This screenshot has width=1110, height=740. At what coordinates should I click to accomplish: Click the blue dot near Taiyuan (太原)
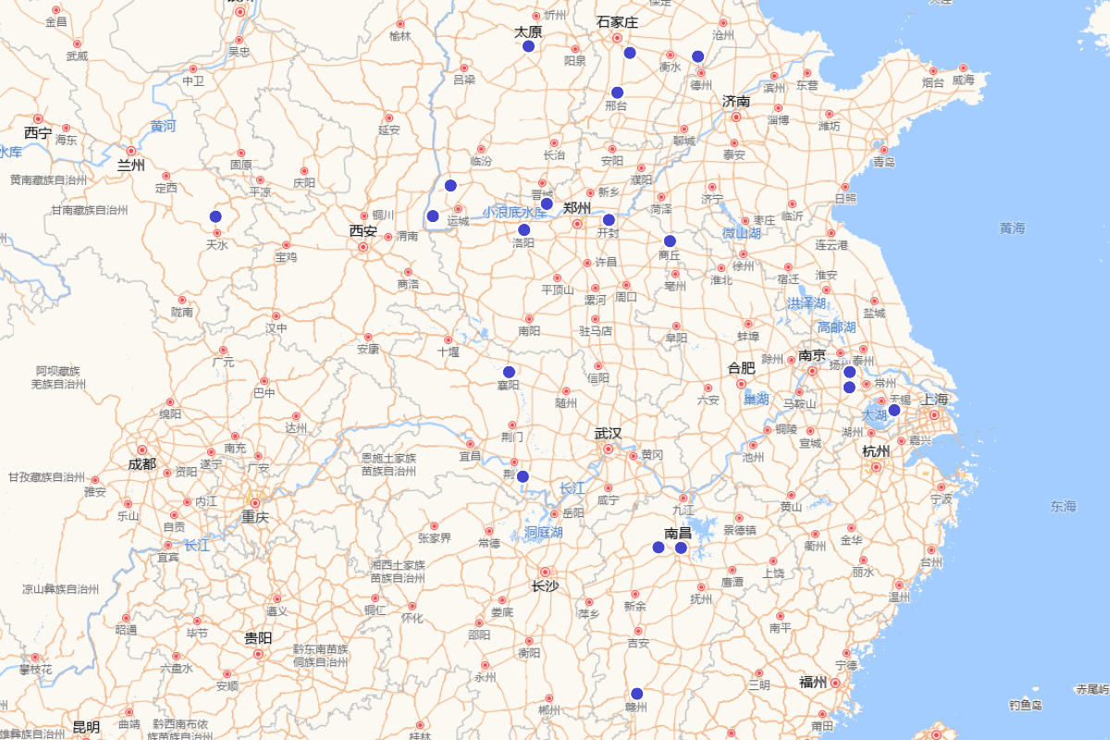tap(528, 46)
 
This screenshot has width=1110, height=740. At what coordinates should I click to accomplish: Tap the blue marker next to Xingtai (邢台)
tap(617, 92)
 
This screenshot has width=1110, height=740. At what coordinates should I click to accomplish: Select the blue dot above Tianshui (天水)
tap(216, 216)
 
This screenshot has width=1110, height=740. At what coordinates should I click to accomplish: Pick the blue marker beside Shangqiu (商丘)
tap(670, 241)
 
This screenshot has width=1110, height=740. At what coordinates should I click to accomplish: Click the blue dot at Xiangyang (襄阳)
tap(509, 372)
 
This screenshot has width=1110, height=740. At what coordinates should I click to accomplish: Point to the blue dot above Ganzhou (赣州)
tap(636, 694)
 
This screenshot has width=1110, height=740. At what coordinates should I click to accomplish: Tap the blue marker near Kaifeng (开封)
tap(609, 219)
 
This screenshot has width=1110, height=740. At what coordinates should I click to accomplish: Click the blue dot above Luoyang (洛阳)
tap(524, 229)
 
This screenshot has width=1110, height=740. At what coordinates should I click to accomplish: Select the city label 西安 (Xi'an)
tap(364, 231)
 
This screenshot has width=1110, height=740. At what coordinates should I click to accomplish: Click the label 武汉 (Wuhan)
tap(608, 434)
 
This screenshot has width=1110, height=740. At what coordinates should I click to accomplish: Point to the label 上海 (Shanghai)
tap(934, 400)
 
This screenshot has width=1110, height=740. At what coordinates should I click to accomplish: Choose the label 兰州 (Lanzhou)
tap(131, 166)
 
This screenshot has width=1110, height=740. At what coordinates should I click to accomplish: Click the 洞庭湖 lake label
tap(544, 533)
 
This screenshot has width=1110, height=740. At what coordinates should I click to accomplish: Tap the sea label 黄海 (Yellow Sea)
tap(1012, 228)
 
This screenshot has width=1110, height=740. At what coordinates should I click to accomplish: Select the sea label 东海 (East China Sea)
tap(1063, 506)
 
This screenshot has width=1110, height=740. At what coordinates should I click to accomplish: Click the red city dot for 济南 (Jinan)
tap(736, 117)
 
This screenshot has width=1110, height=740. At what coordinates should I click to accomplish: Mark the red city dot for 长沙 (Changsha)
tap(545, 573)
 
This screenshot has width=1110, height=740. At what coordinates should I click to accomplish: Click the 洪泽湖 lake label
tap(805, 303)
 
